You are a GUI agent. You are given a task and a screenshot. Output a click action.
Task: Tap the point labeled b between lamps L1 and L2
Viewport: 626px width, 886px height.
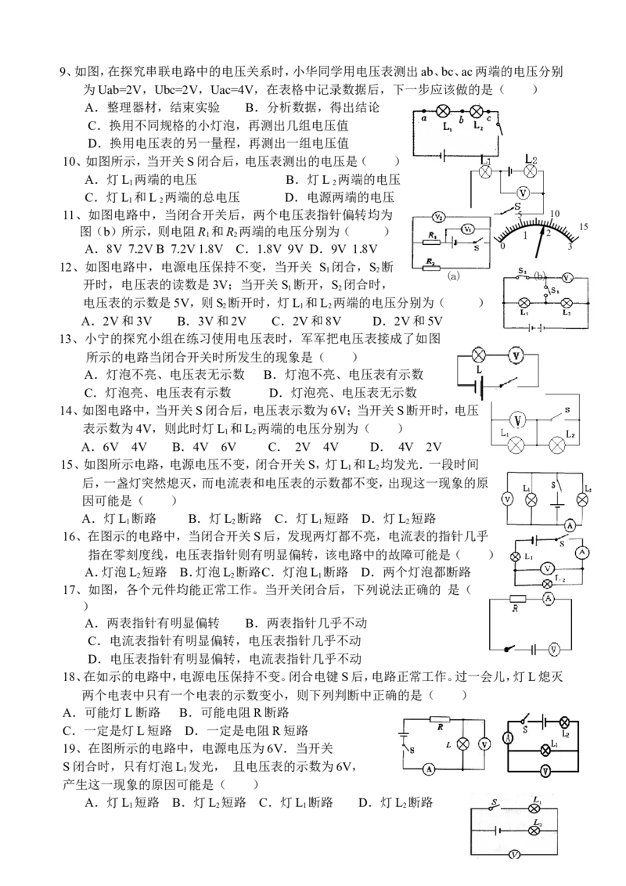pyautogui.click(x=461, y=120)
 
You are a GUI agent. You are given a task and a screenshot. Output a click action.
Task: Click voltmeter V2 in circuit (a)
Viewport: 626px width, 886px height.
pyautogui.click(x=438, y=217)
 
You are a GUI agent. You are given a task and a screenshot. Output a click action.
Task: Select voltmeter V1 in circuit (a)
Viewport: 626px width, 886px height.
pyautogui.click(x=467, y=229)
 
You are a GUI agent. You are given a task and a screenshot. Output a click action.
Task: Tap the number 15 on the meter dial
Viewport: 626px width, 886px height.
pyautogui.click(x=584, y=226)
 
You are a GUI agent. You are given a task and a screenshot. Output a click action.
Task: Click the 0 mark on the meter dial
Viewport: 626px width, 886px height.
pyautogui.click(x=502, y=245)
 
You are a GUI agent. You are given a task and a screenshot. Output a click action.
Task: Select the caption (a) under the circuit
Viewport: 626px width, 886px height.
pyautogui.click(x=453, y=276)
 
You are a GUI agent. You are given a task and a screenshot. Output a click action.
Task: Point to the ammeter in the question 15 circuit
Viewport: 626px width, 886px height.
pyautogui.click(x=570, y=526)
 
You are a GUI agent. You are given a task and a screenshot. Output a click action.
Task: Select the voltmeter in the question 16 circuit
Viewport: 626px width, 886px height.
pyautogui.click(x=545, y=568)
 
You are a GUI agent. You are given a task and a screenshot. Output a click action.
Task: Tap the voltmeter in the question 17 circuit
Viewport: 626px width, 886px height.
pyautogui.click(x=554, y=650)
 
